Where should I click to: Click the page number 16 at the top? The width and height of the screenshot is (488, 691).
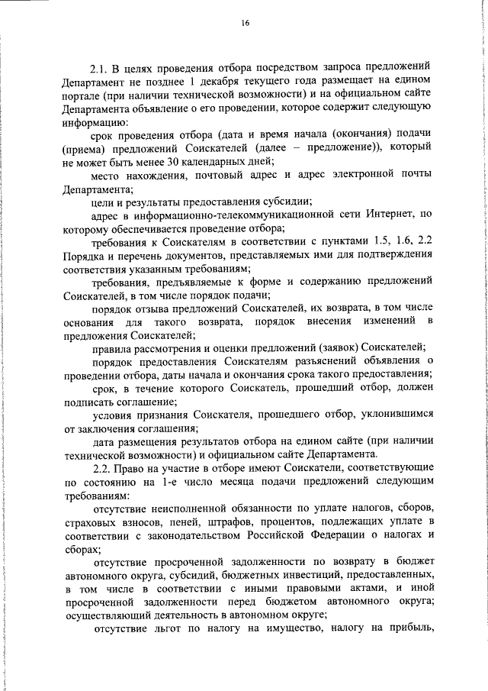(245, 24)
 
